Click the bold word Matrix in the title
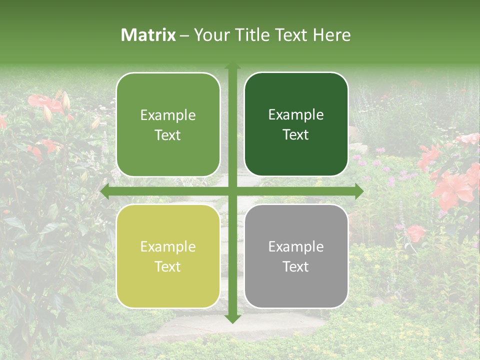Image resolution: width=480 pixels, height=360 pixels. tap(148, 35)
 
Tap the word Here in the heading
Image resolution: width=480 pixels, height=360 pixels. tap(331, 35)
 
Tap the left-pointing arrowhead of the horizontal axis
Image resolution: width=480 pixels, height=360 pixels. tap(105, 191)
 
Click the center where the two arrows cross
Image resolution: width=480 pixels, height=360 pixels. tap(232, 191)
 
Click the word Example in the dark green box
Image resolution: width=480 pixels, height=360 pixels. tap(296, 115)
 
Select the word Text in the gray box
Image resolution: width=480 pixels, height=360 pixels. tap(296, 267)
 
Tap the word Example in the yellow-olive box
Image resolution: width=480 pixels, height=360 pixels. tap(168, 247)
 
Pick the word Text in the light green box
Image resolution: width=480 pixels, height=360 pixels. tap(168, 135)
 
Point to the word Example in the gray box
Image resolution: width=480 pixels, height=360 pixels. tap(296, 247)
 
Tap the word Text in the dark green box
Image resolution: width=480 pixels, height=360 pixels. tap(296, 135)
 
